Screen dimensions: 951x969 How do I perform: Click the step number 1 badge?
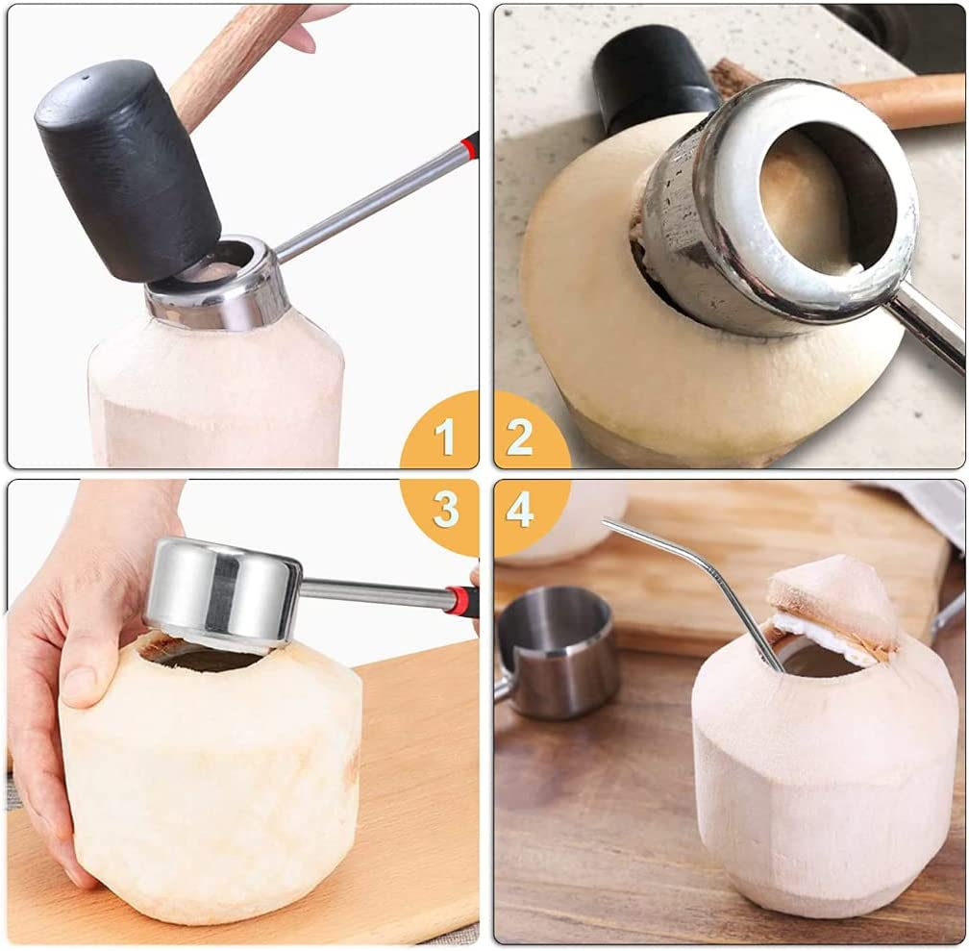click(443, 438)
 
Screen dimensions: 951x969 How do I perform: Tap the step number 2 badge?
click(520, 438)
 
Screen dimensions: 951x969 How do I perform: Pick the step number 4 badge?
click(520, 510)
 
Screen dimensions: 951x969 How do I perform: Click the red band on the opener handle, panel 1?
click(469, 146)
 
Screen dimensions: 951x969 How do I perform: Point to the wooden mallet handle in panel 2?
click(904, 101)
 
